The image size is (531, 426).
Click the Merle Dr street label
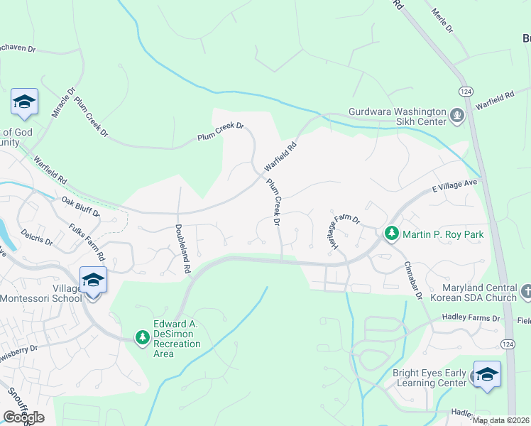coord(442,21)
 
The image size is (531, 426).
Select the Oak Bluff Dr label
coord(80,207)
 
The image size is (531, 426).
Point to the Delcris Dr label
coord(37,236)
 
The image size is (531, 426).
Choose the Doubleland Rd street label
coord(182,250)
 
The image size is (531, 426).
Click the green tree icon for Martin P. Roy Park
coord(391,234)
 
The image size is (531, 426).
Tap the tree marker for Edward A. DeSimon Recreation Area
coord(143,336)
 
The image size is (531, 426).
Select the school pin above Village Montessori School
coord(94,280)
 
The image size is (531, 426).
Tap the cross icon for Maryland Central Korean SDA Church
coord(526,291)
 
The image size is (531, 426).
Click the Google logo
coord(23,417)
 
